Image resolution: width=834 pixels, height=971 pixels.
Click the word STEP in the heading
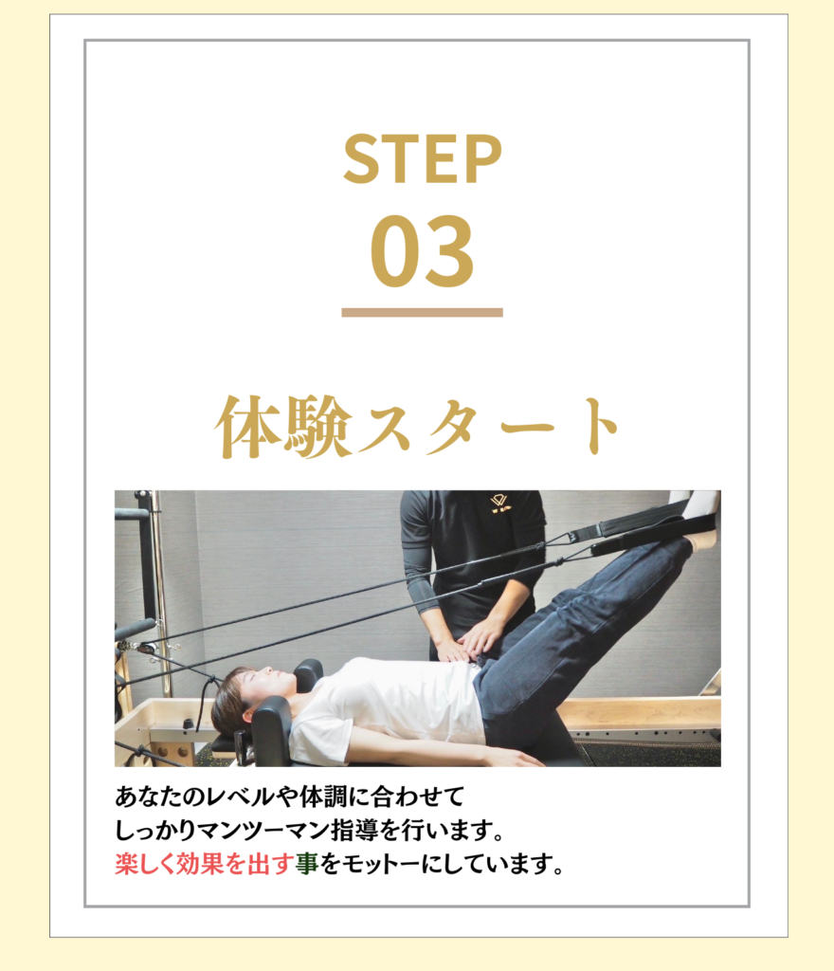(x=423, y=159)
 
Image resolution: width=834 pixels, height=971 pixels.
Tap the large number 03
(x=423, y=250)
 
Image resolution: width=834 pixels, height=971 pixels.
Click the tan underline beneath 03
(x=422, y=313)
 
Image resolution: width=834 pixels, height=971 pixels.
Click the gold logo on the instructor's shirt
(x=499, y=504)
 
